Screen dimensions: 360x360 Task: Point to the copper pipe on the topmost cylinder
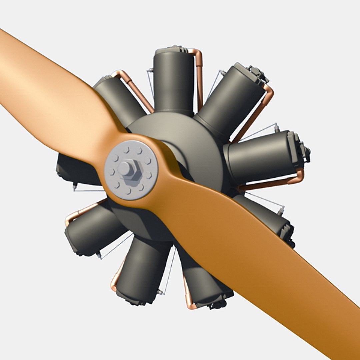click(x=199, y=77)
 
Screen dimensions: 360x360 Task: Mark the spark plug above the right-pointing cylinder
click(x=276, y=127)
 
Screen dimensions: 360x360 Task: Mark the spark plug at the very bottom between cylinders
click(x=161, y=292)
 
